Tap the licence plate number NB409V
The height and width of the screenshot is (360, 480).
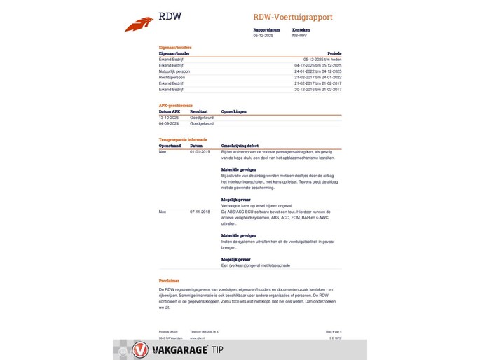point(300,35)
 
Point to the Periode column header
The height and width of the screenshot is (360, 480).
point(334,53)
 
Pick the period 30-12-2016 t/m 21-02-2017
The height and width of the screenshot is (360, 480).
point(318,89)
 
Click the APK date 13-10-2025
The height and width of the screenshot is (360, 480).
point(170,118)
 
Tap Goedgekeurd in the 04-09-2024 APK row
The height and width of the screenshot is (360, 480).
point(201,123)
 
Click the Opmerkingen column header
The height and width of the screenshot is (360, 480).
point(233,111)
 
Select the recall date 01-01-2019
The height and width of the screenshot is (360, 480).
point(200,151)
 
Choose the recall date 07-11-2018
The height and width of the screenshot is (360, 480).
point(200,211)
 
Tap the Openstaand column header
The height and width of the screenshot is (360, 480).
point(169,146)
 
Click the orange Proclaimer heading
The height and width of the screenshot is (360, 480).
point(169,281)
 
